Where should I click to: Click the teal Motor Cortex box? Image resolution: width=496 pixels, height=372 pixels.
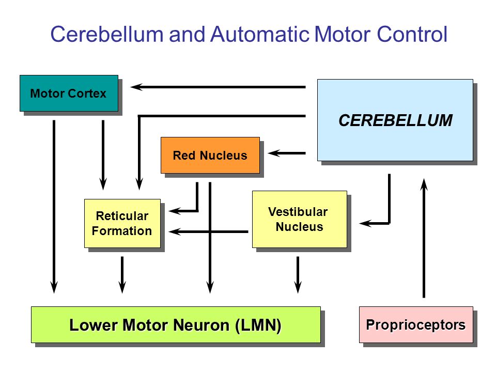coord(69,94)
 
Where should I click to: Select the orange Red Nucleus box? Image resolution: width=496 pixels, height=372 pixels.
coord(210,156)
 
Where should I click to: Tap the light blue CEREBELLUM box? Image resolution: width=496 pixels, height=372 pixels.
coord(395,120)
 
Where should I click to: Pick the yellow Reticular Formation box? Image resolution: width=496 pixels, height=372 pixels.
coord(122,223)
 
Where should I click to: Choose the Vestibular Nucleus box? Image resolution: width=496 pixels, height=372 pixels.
coord(300,219)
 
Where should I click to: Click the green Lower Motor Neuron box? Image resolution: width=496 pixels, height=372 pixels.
coord(176,324)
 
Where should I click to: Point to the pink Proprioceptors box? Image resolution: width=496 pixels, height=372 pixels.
coord(416,324)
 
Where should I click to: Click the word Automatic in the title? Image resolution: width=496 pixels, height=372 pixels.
coord(260,34)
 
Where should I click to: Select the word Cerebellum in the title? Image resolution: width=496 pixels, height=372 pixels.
coord(107,34)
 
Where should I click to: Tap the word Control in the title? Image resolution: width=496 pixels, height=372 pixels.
coord(412,34)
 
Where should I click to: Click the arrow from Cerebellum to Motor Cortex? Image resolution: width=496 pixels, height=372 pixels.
coord(218,87)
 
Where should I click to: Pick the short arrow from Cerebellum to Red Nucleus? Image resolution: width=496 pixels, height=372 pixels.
coord(287,153)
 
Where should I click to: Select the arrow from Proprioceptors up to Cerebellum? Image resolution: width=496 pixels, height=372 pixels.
coord(424,238)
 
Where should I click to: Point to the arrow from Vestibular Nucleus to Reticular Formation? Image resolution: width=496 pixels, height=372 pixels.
coord(208,232)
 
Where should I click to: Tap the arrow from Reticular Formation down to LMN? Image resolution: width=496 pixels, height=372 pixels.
coord(122,274)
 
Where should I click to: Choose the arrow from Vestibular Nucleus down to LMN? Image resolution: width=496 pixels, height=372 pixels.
coord(298,274)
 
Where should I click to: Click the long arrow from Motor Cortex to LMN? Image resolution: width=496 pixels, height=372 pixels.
coord(54,207)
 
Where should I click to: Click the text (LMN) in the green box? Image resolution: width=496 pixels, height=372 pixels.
coord(258,325)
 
